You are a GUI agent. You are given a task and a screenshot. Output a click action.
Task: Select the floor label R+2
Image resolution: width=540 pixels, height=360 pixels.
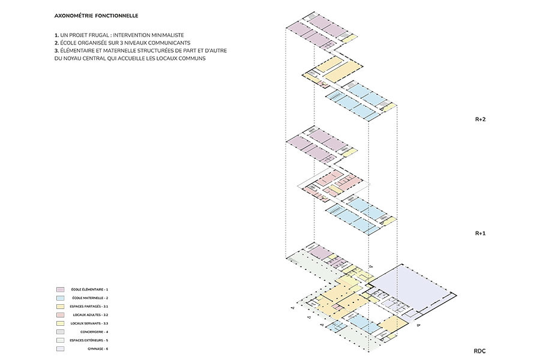point(479,119)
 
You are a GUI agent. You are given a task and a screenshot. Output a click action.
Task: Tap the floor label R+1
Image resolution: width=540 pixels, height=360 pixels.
point(479,233)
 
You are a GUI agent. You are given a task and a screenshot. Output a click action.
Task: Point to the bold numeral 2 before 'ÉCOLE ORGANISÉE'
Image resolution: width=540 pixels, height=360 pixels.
point(55,43)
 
